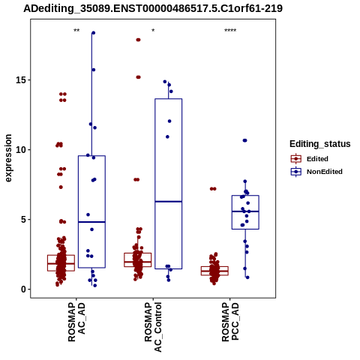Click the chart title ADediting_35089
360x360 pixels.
pos(153,8)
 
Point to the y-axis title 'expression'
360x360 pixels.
pos(8,158)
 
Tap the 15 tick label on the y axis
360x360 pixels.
pos(21,80)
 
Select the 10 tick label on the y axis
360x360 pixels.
pos(21,150)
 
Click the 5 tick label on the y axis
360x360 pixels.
pos(23,220)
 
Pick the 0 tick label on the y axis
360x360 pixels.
pos(23,289)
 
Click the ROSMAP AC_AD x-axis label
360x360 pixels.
pos(76,322)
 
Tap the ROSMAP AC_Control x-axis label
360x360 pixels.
pos(153,327)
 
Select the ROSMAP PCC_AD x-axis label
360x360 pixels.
pos(230,322)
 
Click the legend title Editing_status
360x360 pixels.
pos(320,144)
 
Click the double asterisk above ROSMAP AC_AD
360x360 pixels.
pos(76,31)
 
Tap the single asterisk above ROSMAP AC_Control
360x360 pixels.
pos(153,31)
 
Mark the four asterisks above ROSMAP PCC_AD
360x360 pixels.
pos(230,31)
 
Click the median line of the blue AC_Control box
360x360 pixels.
pos(169,202)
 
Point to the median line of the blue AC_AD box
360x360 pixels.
pos(91,222)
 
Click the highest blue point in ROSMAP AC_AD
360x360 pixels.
pos(93,33)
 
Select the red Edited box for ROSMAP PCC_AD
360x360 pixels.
pos(214,271)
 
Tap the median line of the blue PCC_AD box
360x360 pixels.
pos(245,211)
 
